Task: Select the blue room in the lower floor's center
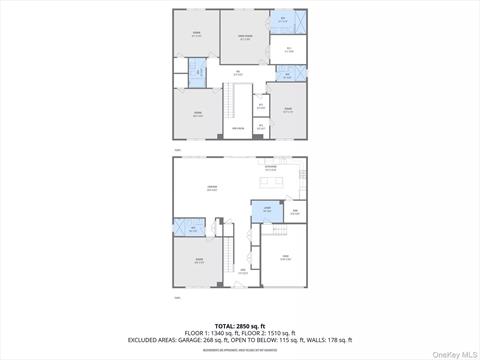tap(266, 211)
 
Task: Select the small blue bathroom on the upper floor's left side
tap(198, 71)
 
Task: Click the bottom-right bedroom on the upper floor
tap(288, 112)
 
